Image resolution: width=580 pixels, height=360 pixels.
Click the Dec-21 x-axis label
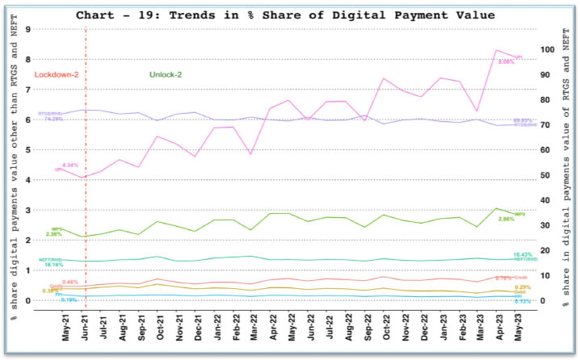point(199,328)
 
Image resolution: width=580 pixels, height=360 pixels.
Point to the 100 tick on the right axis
point(550,49)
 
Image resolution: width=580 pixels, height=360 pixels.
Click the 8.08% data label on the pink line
point(506,61)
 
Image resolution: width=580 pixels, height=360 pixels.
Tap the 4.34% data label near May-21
point(69,165)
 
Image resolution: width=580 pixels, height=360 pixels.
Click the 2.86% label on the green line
point(506,220)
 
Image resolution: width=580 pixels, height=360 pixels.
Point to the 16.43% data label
point(522,254)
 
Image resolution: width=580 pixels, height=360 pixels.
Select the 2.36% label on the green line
point(53,234)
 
